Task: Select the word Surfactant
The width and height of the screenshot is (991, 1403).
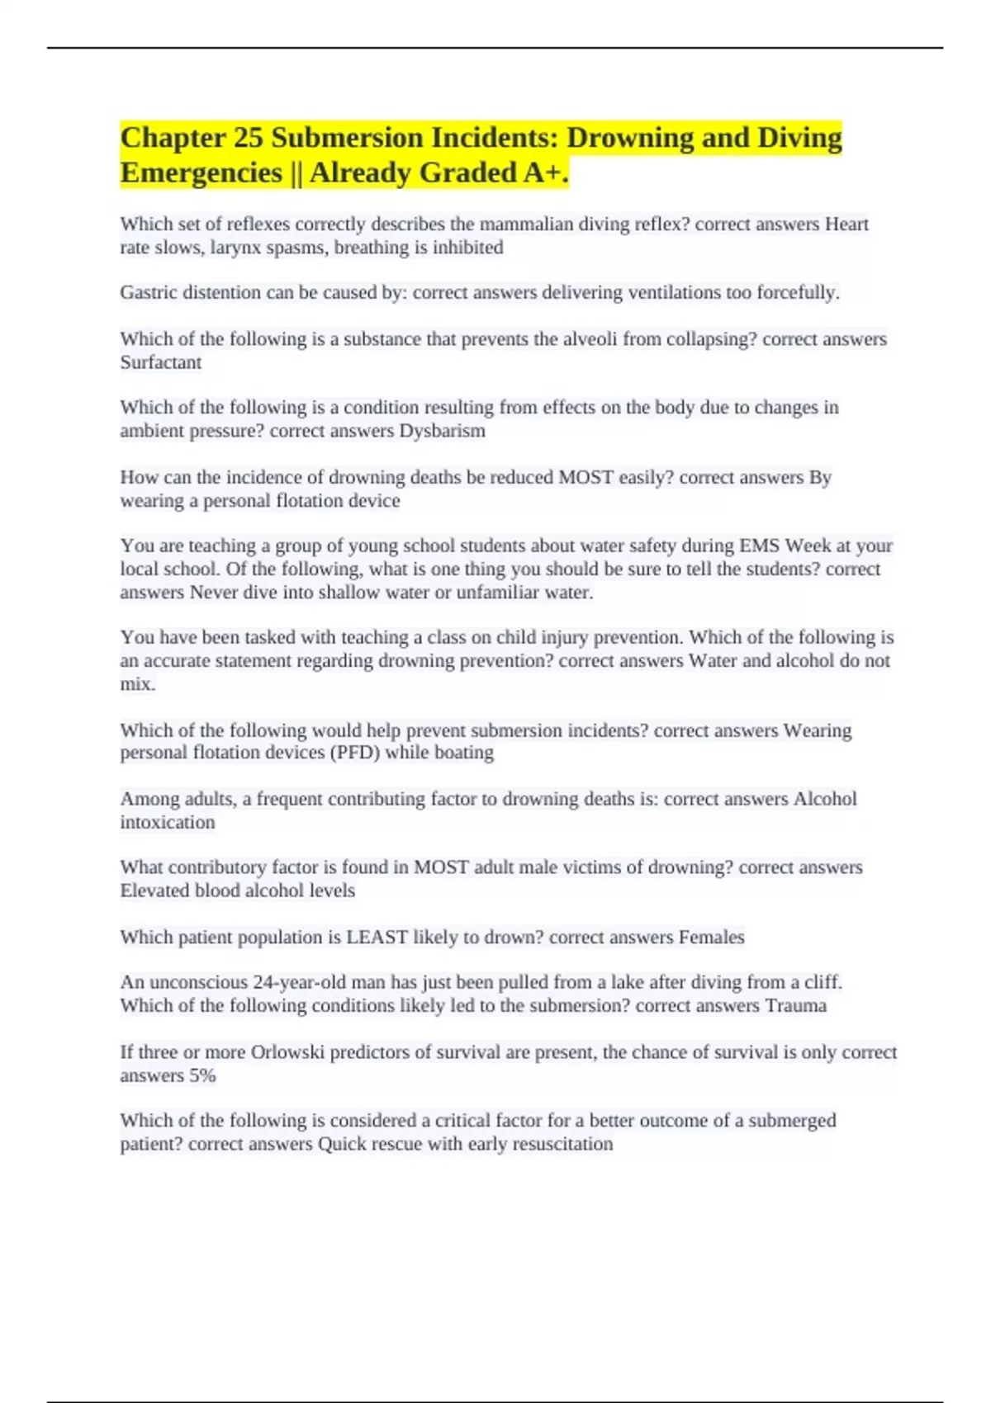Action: (x=161, y=362)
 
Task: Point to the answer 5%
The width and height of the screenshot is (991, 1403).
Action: (x=202, y=1075)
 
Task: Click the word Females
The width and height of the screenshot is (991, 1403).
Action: (x=711, y=937)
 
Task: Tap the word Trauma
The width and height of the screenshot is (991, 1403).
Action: (x=795, y=1005)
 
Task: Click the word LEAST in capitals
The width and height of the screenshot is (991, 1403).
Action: (x=377, y=937)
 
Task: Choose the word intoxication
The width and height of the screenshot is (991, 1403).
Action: (x=168, y=822)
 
